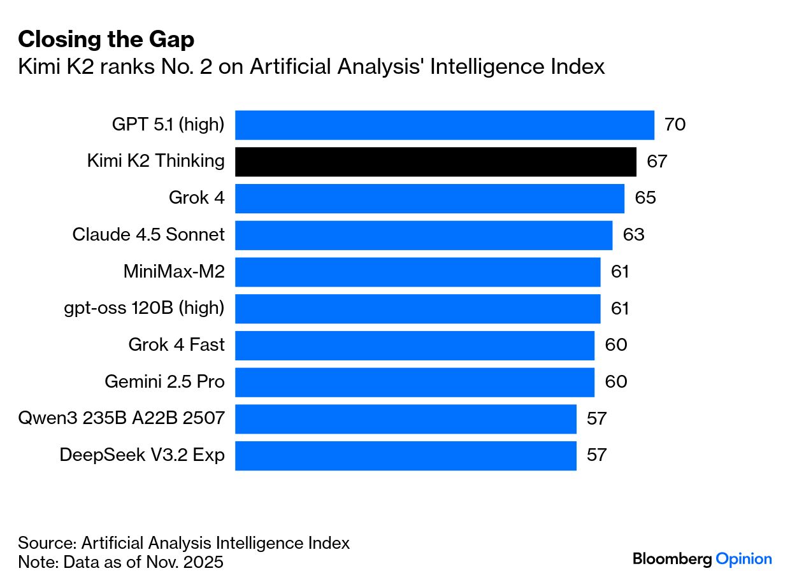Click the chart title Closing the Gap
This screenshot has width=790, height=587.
pos(106,39)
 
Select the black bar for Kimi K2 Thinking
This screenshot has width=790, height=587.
pos(435,162)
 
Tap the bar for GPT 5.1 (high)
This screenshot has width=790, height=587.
pos(444,125)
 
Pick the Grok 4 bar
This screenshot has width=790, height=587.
pos(429,199)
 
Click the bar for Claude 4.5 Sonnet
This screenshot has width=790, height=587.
pos(424,236)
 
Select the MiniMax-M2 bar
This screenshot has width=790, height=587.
pos(417,272)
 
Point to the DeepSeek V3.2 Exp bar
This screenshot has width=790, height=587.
pos(405,455)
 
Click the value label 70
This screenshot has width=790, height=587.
pos(675,125)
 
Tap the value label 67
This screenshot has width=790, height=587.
pos(657,162)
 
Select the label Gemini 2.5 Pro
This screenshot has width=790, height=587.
pos(164,382)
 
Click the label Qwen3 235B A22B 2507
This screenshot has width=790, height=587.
pos(122,419)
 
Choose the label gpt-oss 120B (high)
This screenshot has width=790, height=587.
pos(144,309)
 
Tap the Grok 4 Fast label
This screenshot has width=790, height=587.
pos(176,345)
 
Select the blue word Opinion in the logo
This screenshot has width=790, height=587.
pos(743,559)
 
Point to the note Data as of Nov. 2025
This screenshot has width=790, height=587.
pos(120,563)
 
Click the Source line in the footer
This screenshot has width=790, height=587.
pos(183,543)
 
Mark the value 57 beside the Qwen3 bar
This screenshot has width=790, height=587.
pos(597,419)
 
